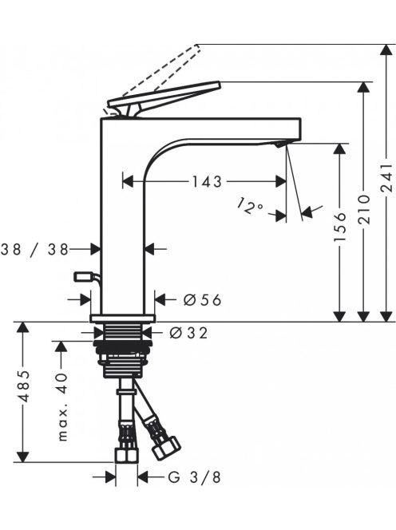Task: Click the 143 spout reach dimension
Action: click(207, 182)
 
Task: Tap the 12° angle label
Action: click(249, 207)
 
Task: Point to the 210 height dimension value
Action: click(364, 209)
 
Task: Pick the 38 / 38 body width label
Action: click(35, 250)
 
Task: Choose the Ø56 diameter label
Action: click(202, 299)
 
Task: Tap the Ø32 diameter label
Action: click(188, 334)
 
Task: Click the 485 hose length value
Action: click(23, 386)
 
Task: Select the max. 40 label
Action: click(62, 406)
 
